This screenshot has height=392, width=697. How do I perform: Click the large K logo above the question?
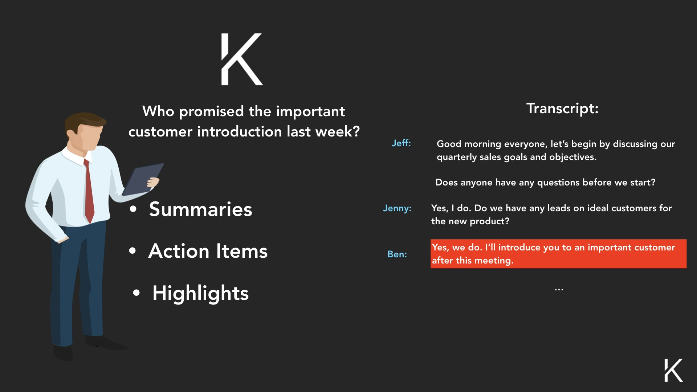tap(242, 59)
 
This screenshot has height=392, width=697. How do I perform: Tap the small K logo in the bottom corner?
tap(673, 370)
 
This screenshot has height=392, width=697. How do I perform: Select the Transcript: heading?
tap(562, 109)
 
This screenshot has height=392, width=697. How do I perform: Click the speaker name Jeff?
tap(401, 143)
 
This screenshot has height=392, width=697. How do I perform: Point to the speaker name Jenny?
tap(397, 208)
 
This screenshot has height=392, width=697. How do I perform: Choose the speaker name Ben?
tap(397, 254)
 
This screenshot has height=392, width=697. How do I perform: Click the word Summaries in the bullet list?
tap(200, 209)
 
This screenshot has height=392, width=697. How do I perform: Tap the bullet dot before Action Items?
tap(133, 251)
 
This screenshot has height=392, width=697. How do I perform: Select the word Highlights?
tap(200, 293)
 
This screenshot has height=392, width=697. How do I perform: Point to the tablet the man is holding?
tap(143, 179)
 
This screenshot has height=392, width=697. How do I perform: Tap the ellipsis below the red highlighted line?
tap(559, 290)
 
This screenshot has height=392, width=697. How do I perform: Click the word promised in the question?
tap(211, 111)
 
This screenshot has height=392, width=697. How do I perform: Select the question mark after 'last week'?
tap(356, 131)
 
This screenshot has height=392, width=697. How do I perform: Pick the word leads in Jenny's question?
tap(559, 208)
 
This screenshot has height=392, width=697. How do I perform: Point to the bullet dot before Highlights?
tap(136, 293)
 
